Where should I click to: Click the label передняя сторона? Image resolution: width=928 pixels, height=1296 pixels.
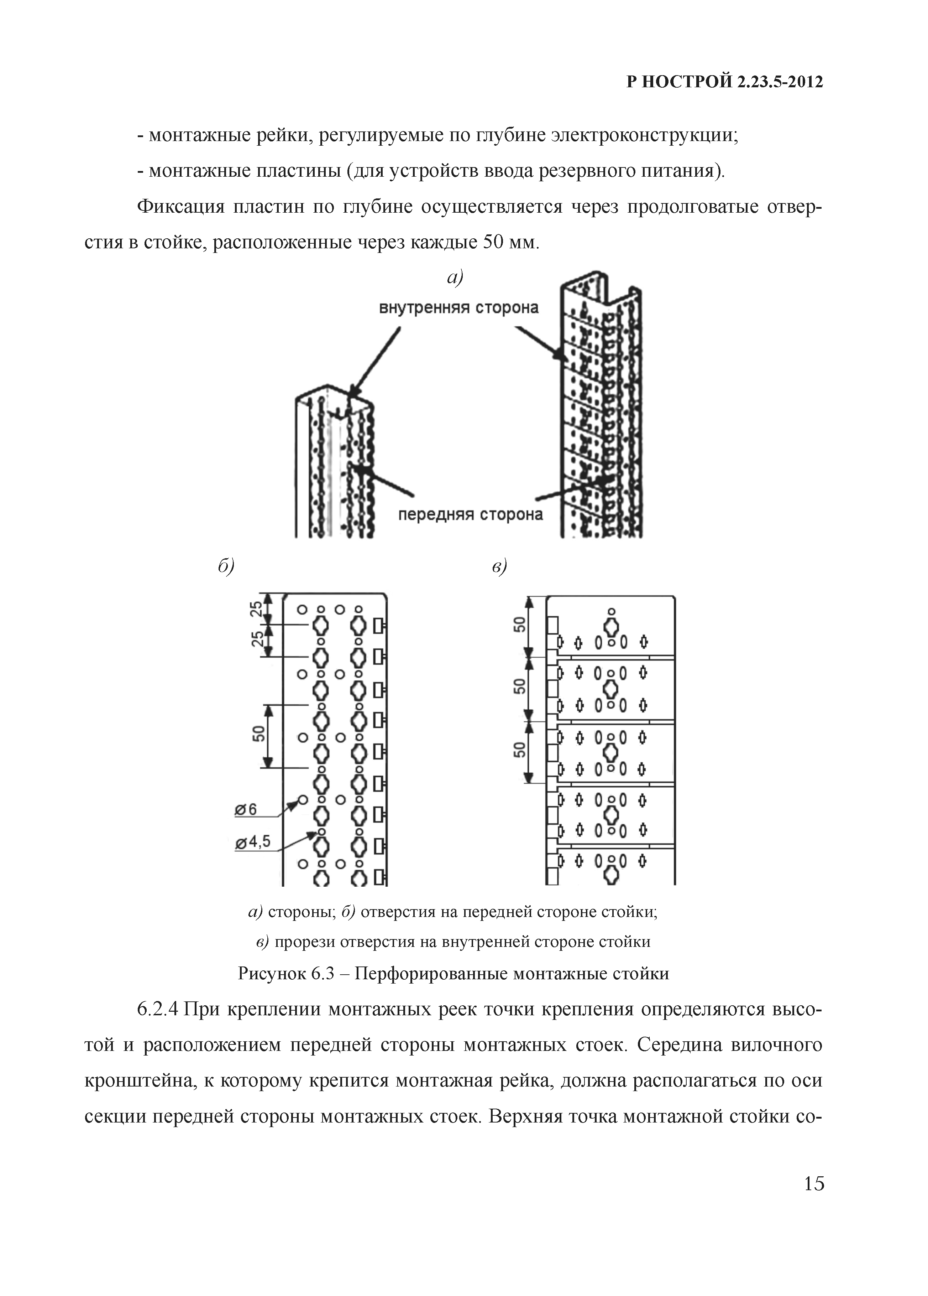470,515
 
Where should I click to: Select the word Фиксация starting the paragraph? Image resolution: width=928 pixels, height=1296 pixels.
181,206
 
